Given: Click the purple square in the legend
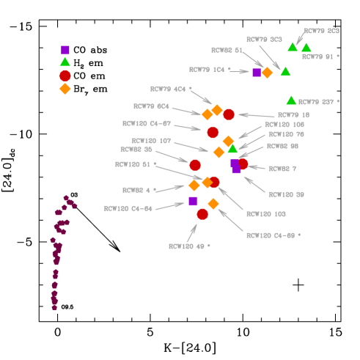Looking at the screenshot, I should click(x=65, y=50).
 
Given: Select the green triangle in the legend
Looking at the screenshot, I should click(x=65, y=62).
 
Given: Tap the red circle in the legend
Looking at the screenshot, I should click(x=65, y=76).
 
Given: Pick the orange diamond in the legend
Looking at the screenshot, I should click(x=65, y=89).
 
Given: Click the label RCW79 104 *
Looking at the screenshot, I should click(x=210, y=70).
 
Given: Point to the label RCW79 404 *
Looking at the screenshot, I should click(x=171, y=89).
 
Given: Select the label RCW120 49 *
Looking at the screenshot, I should click(x=189, y=246).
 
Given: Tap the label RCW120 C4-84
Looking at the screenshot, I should click(x=128, y=208).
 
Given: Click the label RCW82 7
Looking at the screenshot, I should click(x=282, y=169).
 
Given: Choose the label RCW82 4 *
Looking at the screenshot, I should click(x=139, y=190).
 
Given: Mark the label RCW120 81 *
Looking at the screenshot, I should click(x=136, y=164).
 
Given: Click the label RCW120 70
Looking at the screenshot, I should click(x=286, y=134).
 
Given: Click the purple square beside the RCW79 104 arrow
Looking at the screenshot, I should click(x=257, y=73).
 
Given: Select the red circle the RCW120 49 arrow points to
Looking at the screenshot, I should click(x=202, y=214).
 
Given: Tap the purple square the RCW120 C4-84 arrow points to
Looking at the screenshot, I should click(x=193, y=201).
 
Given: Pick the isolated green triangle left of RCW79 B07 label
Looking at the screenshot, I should click(x=291, y=100).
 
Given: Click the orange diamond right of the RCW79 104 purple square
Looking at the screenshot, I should click(x=267, y=73).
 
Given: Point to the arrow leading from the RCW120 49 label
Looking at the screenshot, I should click(x=192, y=232).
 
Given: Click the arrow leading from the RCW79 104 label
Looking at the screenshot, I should click(x=240, y=71).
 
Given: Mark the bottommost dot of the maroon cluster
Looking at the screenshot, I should click(x=54, y=307).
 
